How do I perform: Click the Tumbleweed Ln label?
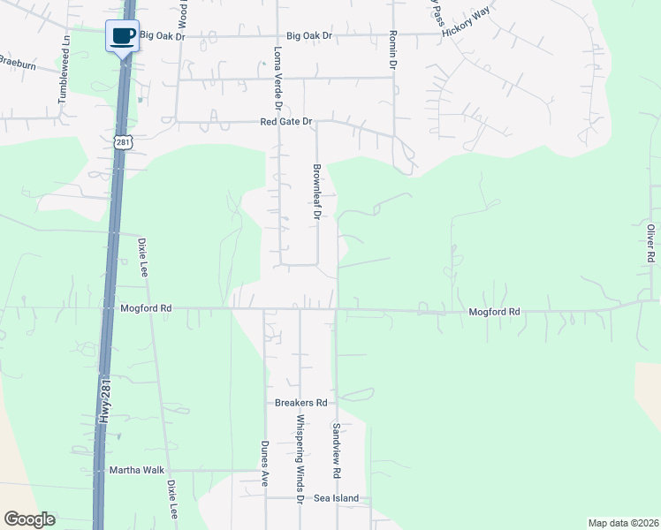coord(64,71)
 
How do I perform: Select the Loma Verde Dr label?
coord(277,78)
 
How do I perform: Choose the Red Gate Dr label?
coord(286,121)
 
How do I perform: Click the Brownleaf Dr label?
coord(315,192)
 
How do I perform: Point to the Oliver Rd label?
coord(650,242)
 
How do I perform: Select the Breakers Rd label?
coord(300,403)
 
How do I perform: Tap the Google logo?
coord(29,519)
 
